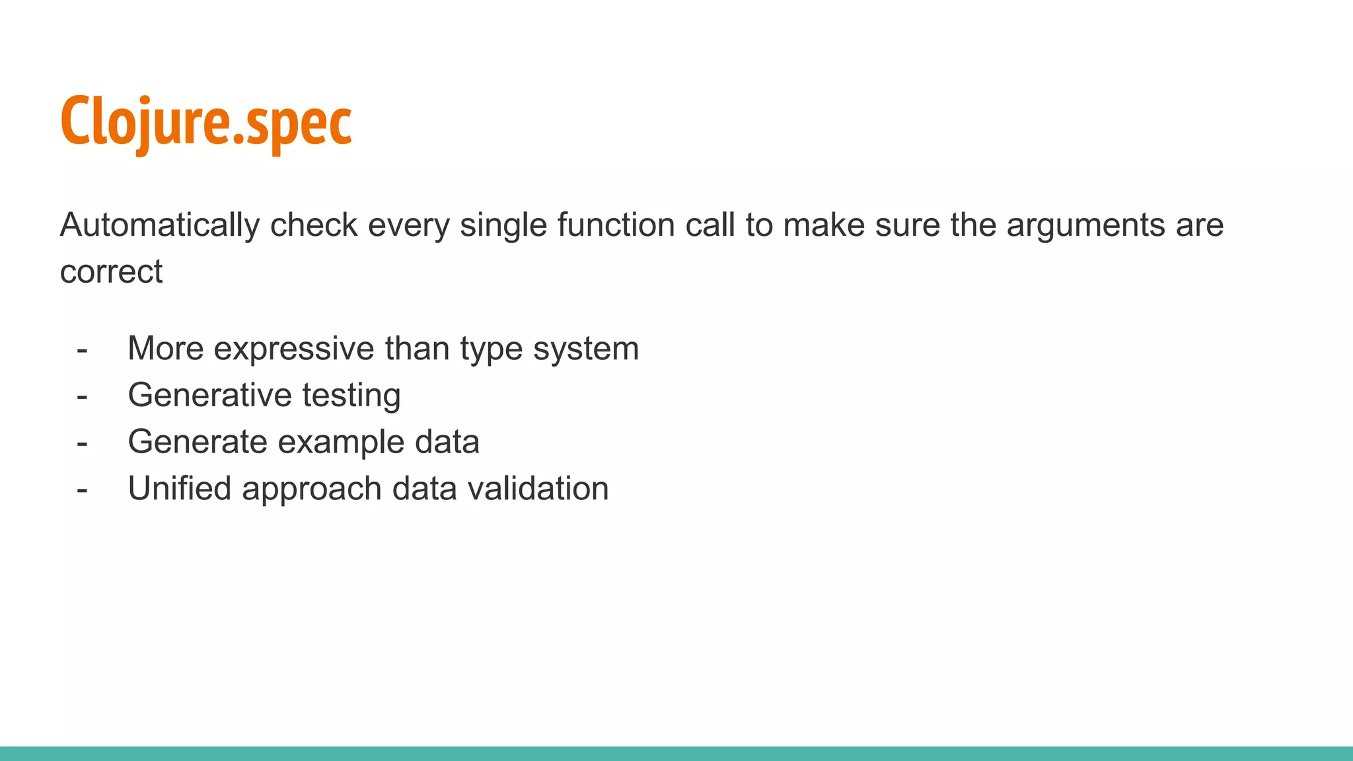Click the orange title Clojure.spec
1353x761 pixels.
tap(205, 122)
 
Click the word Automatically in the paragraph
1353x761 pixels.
tap(159, 225)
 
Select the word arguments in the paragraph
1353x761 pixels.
tap(1085, 225)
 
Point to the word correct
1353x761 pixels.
tap(111, 272)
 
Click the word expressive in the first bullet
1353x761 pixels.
tap(294, 349)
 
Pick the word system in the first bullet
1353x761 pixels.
tap(586, 349)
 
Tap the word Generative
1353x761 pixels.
tap(209, 395)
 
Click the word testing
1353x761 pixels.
tap(351, 395)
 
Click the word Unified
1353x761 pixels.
tap(180, 489)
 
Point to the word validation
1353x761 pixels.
tap(538, 489)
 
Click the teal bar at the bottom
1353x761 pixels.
tap(676, 753)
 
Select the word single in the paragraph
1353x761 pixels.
tap(503, 225)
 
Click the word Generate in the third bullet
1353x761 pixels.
tap(198, 442)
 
